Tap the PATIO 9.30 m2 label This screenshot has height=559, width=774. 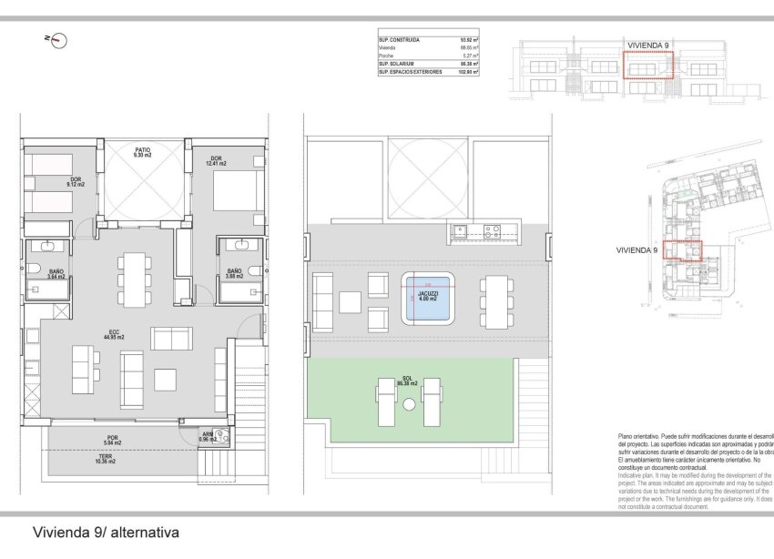pyautogui.click(x=142, y=152)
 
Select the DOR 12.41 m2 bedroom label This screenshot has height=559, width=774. pyautogui.click(x=216, y=161)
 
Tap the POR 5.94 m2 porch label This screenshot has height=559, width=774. pyautogui.click(x=112, y=440)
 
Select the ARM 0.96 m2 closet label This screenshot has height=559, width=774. pyautogui.click(x=207, y=437)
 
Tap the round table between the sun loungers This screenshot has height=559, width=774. pyautogui.click(x=411, y=403)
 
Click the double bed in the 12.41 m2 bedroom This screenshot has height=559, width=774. pyautogui.click(x=229, y=195)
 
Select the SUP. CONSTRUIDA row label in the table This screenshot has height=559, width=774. pyautogui.click(x=399, y=40)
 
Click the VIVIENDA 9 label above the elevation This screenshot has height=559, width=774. pyautogui.click(x=648, y=44)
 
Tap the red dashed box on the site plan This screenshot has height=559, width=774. pyautogui.click(x=683, y=250)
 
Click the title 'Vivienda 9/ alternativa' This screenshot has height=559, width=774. pyautogui.click(x=105, y=532)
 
